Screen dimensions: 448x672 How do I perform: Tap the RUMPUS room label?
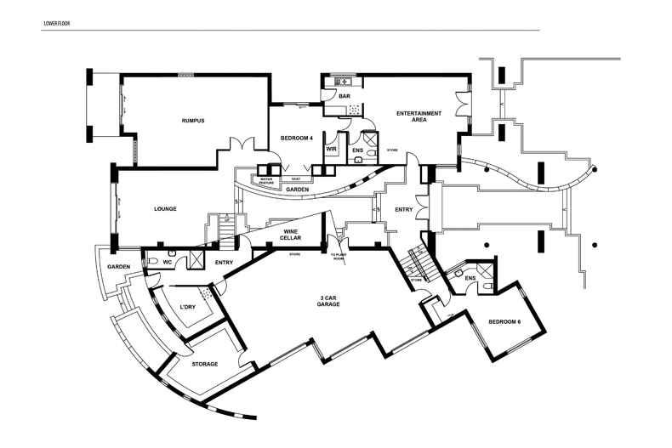[x=193, y=121]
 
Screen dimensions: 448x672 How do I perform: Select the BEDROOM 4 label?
[x=297, y=138]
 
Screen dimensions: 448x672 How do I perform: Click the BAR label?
[x=345, y=97]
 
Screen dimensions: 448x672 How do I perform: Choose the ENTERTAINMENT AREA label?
[x=419, y=116]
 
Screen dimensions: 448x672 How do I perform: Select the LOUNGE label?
[x=165, y=208]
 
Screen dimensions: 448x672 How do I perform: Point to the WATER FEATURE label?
[x=265, y=180]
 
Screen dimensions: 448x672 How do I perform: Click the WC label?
[x=168, y=263]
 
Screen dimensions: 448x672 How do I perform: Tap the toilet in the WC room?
[x=172, y=252]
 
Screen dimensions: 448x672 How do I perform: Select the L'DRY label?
[x=188, y=308]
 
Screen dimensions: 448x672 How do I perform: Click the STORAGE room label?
[x=204, y=364]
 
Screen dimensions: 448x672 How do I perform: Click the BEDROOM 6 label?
[x=504, y=322]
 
